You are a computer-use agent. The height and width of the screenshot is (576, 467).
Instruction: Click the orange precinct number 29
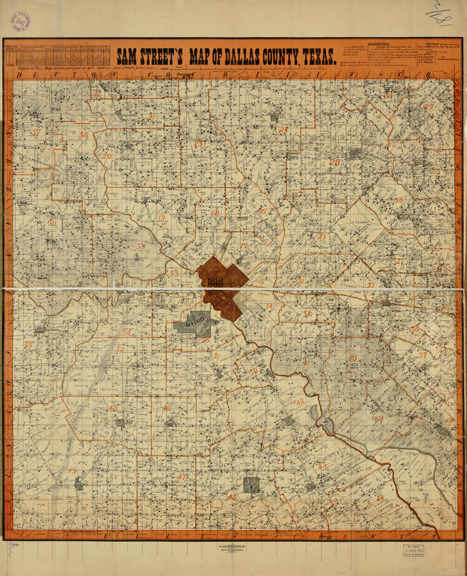(428, 106)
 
